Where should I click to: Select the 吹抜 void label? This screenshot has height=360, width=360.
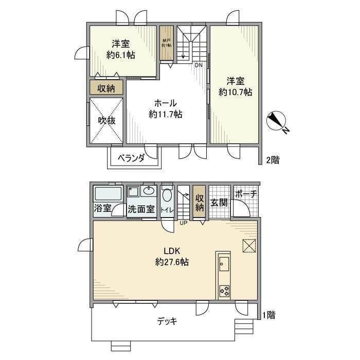pyautogui.click(x=106, y=120)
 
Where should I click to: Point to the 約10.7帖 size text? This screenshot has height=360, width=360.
pyautogui.click(x=235, y=93)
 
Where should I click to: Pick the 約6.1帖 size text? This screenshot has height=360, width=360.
pyautogui.click(x=121, y=55)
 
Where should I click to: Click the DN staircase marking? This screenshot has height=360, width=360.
pyautogui.click(x=199, y=65)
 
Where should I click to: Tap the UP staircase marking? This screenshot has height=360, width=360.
pyautogui.click(x=183, y=223)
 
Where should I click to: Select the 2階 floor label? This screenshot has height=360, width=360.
pyautogui.click(x=273, y=160)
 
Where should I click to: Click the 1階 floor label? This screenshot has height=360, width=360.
pyautogui.click(x=268, y=315)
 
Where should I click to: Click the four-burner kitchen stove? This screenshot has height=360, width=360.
pyautogui.click(x=225, y=290)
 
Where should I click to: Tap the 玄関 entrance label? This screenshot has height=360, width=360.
pyautogui.click(x=219, y=203)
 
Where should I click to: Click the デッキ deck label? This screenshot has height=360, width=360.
pyautogui.click(x=167, y=321)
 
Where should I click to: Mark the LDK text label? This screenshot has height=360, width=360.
pyautogui.click(x=172, y=251)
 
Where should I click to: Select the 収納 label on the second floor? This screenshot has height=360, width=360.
pyautogui.click(x=106, y=88)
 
